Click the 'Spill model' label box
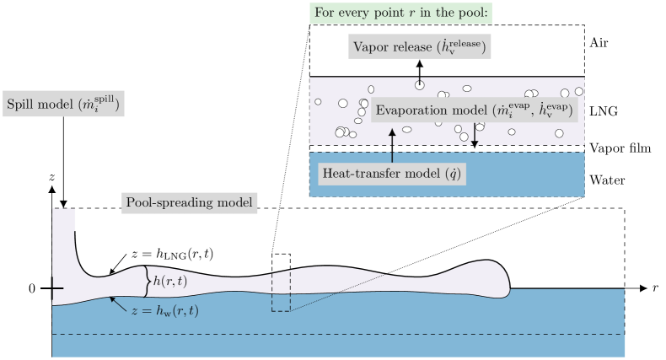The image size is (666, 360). [x=64, y=105]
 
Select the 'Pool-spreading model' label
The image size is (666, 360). [x=190, y=202]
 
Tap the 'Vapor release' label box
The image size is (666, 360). [x=420, y=48]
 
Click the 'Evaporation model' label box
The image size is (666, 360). [x=474, y=110]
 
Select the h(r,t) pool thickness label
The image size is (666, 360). [x=170, y=281]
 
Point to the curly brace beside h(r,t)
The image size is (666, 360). [x=148, y=282]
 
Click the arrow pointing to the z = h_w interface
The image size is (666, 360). [x=117, y=302]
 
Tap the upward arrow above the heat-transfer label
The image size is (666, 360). [x=392, y=145]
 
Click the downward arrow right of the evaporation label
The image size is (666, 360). [x=475, y=135]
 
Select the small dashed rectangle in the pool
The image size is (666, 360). [x=281, y=292]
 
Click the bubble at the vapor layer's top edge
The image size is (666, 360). [x=419, y=84]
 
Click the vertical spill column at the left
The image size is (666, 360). [x=64, y=244]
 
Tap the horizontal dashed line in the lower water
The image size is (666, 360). [x=337, y=334]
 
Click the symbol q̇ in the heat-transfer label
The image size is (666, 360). [x=454, y=174]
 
